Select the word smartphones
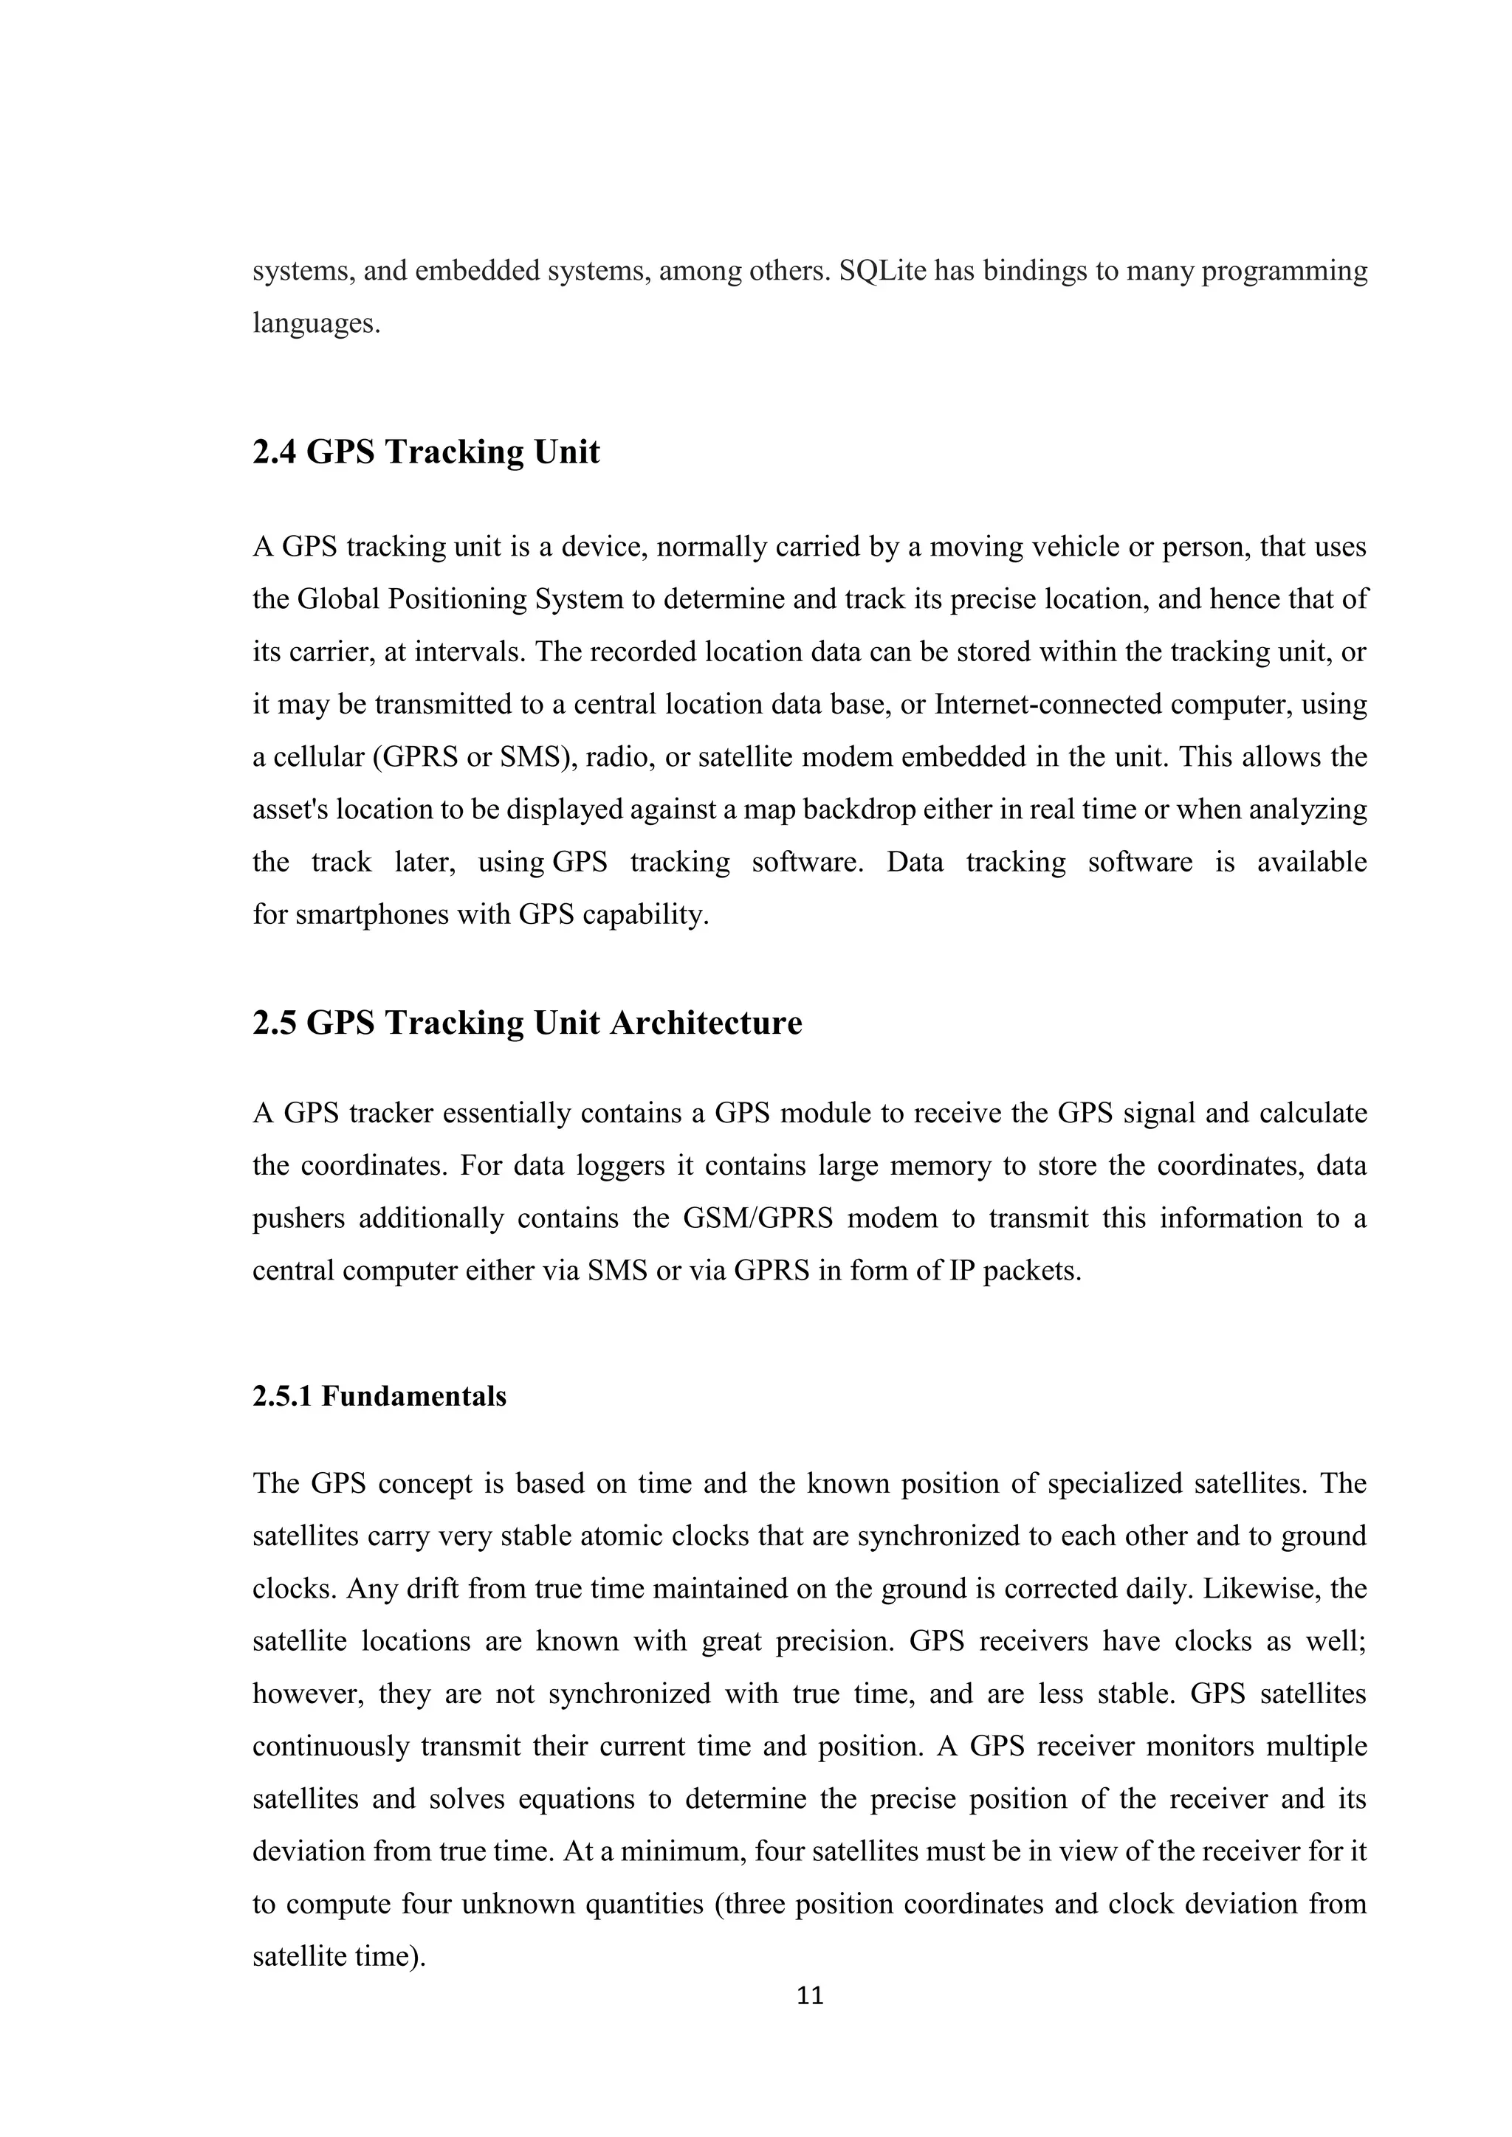[402, 914]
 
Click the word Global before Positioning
[338, 598]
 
